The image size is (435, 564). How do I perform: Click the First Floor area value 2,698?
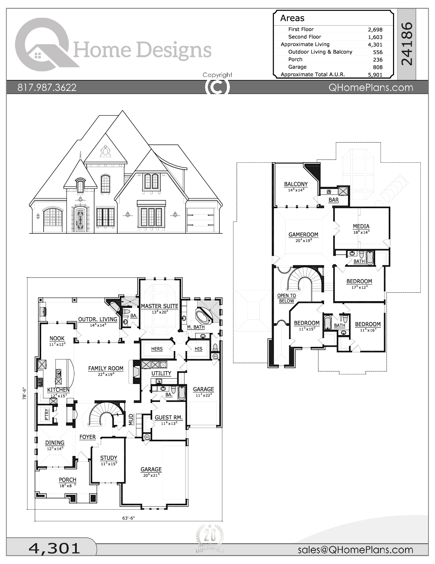coord(375,30)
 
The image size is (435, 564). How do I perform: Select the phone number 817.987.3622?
coord(47,88)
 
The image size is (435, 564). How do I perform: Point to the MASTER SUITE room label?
coord(159,306)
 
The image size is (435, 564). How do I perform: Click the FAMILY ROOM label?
coord(106,368)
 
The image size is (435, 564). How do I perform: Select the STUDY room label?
coord(108,458)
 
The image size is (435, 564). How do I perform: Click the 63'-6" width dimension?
coord(129,518)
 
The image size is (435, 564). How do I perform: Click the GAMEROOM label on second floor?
coord(303,235)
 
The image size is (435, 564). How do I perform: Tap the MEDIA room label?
coord(361,226)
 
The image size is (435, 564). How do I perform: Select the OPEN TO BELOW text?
coord(286,298)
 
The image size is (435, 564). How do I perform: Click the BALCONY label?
coord(296,184)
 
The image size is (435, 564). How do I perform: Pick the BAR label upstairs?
coord(333,200)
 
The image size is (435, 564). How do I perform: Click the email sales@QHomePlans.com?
coord(355,550)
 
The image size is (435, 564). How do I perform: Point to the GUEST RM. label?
coord(169,418)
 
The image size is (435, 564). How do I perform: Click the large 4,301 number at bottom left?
coord(55,548)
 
